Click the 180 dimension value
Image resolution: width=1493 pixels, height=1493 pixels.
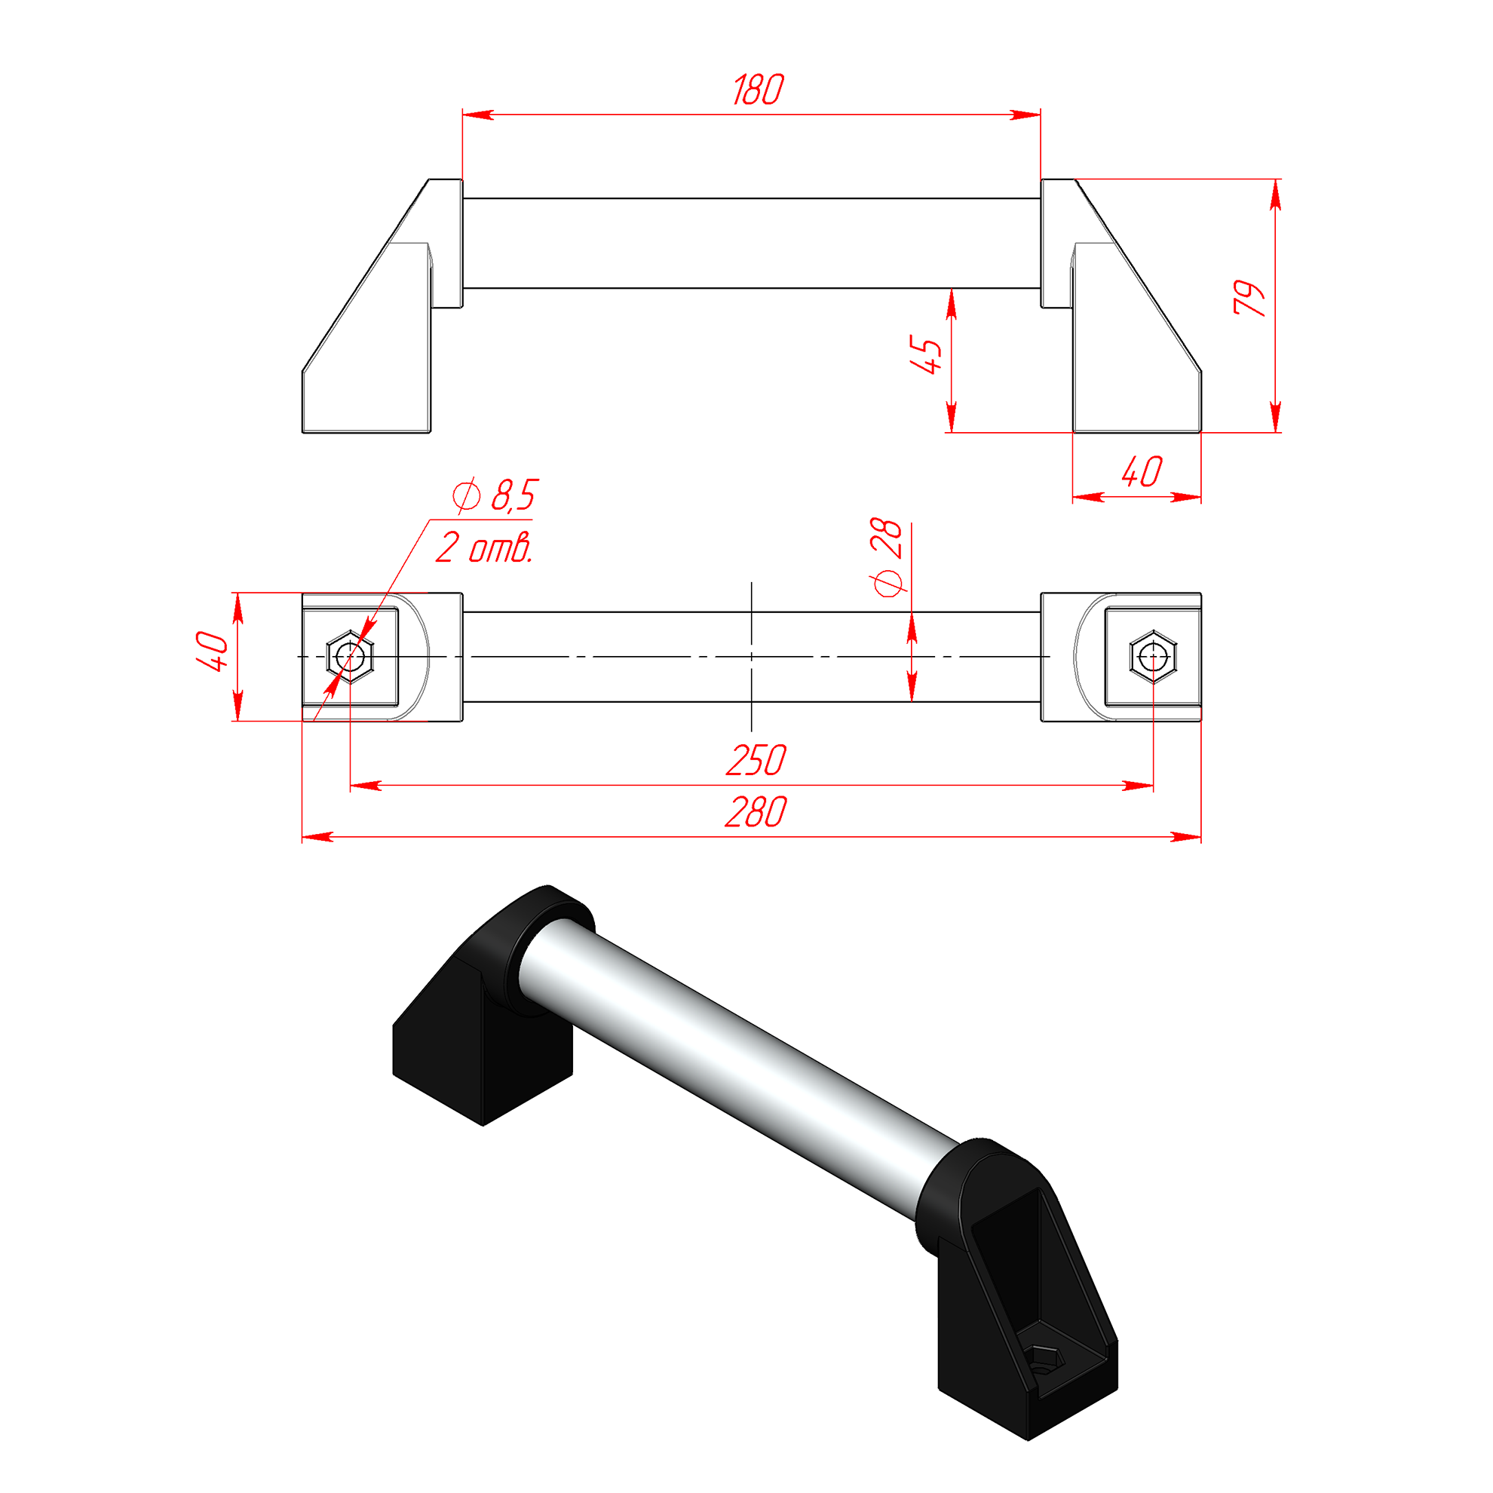click(x=758, y=90)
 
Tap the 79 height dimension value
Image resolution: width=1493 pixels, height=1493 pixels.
click(x=1249, y=298)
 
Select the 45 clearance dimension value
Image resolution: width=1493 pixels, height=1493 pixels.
click(x=926, y=355)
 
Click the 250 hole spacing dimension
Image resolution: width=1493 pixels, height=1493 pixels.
click(x=756, y=760)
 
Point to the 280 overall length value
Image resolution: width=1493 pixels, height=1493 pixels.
click(x=756, y=812)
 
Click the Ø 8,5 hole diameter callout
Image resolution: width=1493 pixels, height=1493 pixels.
click(x=495, y=495)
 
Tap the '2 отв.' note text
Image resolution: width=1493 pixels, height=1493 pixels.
click(x=485, y=548)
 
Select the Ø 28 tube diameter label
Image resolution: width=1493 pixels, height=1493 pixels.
click(x=888, y=557)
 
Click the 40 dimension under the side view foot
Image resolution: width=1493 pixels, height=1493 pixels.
click(x=1142, y=472)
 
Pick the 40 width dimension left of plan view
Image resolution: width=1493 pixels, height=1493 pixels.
click(x=212, y=651)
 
